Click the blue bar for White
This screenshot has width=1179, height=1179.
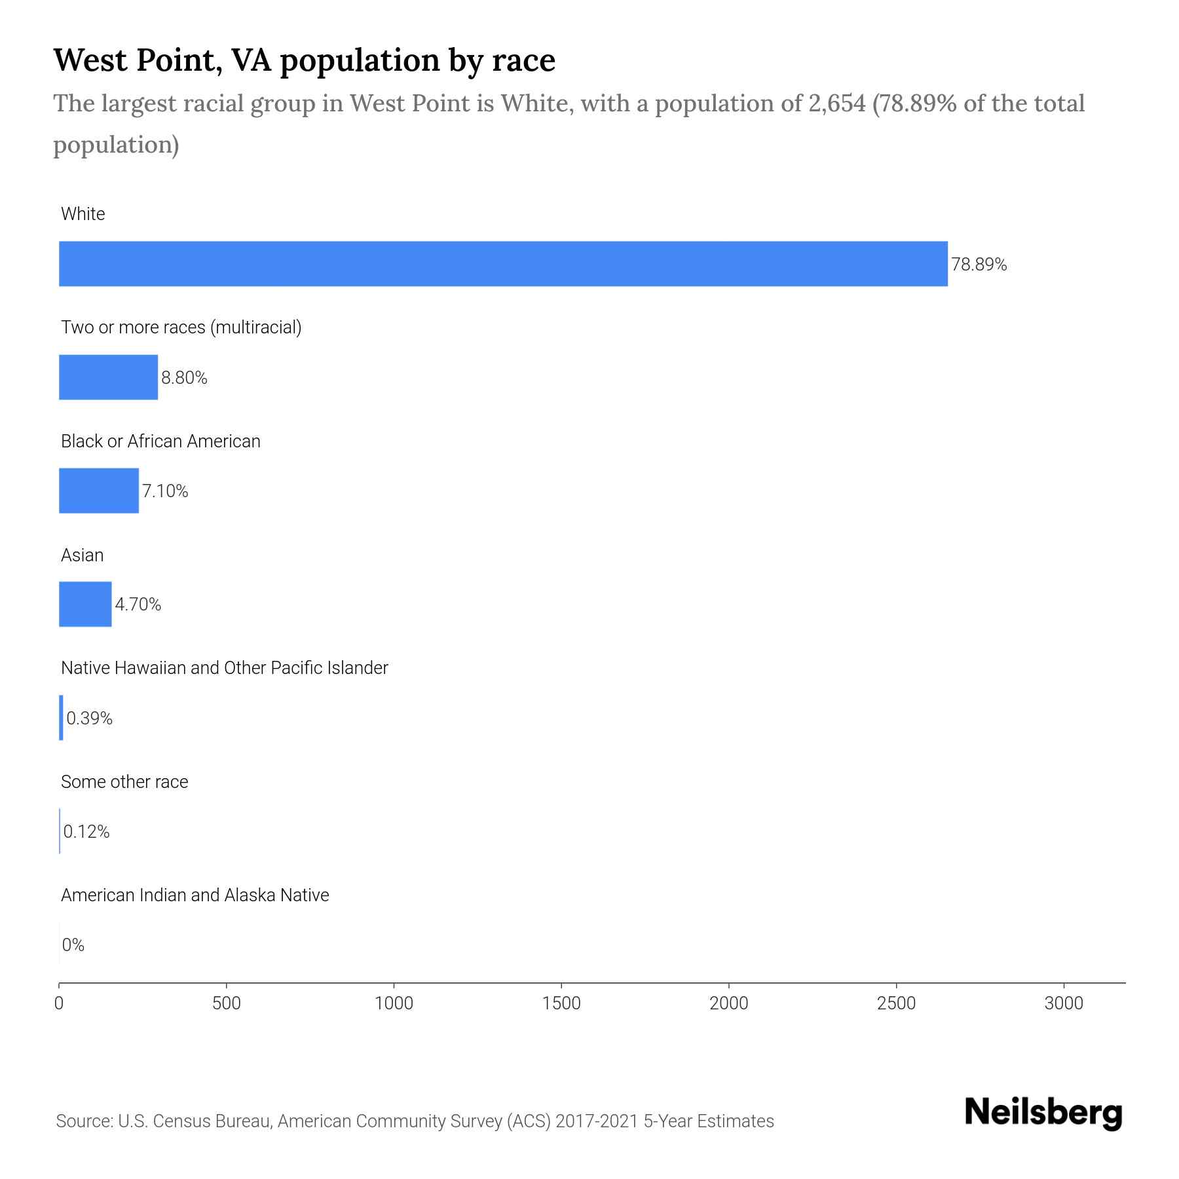point(503,264)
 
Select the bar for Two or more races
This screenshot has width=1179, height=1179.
point(108,377)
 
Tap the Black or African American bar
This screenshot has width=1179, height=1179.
point(99,491)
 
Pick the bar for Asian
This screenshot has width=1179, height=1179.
point(85,604)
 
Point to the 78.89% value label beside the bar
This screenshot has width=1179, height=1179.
point(979,265)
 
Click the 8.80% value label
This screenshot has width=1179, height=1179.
point(184,378)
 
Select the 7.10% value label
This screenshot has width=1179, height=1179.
point(165,491)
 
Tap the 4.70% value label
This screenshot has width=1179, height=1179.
point(138,605)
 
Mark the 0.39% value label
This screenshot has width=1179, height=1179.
point(89,719)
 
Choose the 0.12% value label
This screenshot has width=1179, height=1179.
point(86,832)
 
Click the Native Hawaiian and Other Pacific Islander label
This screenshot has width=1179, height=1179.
point(224,668)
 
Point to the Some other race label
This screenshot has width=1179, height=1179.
point(124,782)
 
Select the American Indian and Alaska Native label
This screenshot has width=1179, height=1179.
point(195,895)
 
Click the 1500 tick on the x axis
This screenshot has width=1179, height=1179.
point(562,1003)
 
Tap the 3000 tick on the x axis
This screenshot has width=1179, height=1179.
point(1064,1003)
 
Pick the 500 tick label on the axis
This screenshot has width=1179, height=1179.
point(227,1003)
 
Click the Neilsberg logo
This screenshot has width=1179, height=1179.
point(1043,1113)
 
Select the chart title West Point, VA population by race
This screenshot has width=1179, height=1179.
point(304,60)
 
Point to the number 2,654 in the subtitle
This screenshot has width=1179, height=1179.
point(836,103)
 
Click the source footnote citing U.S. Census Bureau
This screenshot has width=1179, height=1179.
point(415,1121)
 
